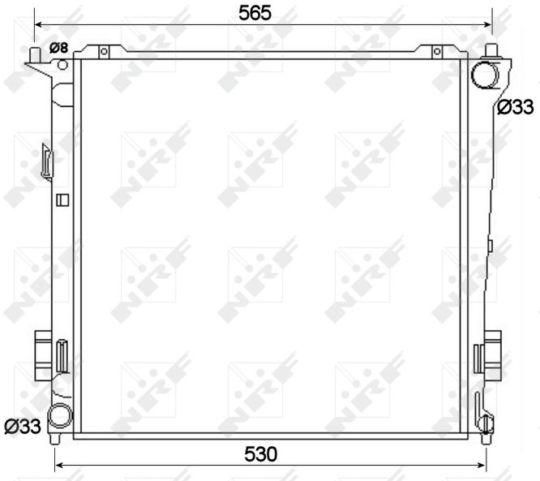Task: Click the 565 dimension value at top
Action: pos(255,13)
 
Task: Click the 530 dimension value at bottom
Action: pos(261,454)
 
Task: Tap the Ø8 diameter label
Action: pos(59,48)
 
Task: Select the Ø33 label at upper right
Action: pos(515,107)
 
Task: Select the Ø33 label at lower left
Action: pos(23,427)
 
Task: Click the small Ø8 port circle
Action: pos(62,64)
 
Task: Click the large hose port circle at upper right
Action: pos(485,75)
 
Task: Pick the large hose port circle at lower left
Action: pos(60,415)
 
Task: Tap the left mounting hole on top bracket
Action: pos(104,52)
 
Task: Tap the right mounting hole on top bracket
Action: pos(437,52)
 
